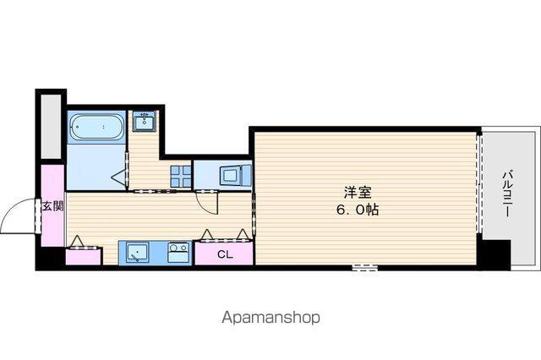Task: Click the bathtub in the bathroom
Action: click(96, 128)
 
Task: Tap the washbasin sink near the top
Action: click(145, 122)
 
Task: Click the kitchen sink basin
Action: click(134, 254)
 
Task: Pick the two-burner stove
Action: click(178, 254)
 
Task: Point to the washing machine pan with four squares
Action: click(181, 177)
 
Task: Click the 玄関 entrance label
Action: click(52, 206)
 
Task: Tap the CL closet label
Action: click(225, 255)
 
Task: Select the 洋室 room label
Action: click(358, 193)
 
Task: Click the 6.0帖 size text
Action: click(358, 210)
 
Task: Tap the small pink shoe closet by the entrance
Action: click(83, 256)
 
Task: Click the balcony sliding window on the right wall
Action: click(478, 183)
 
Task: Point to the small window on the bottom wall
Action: click(365, 267)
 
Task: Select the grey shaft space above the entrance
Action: click(51, 127)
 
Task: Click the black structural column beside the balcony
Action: click(494, 254)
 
